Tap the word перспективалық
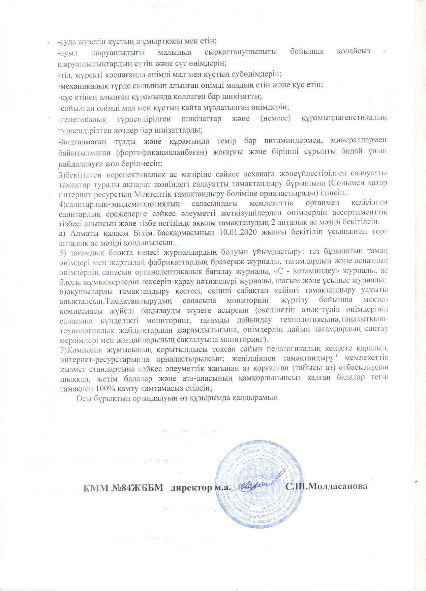click(x=128, y=174)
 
